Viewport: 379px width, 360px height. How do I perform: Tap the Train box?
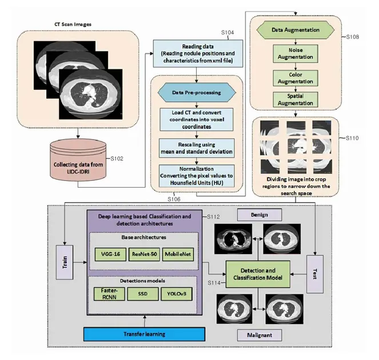pyautogui.click(x=65, y=262)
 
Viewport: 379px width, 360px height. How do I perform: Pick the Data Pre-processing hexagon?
pyautogui.click(x=196, y=92)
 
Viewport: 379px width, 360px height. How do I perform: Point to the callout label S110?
pyautogui.click(x=351, y=140)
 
